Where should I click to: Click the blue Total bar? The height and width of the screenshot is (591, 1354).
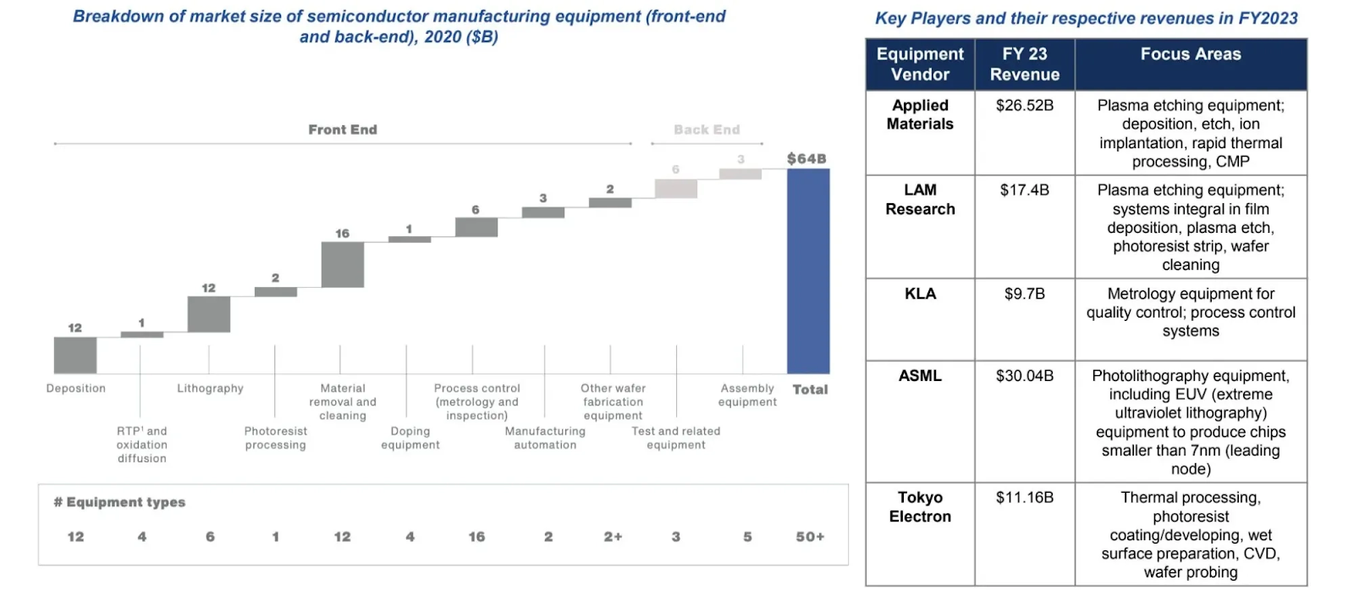tap(808, 271)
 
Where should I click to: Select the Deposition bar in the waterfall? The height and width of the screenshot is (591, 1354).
tap(75, 355)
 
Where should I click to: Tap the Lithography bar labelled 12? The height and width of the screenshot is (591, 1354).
tap(208, 314)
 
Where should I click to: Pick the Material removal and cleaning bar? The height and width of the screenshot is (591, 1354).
tap(343, 265)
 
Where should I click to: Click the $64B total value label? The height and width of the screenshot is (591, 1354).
tap(806, 159)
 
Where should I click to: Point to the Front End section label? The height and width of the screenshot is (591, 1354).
tap(343, 130)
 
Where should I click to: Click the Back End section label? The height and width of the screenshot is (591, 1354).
tap(707, 130)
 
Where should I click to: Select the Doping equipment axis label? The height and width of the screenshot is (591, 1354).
tap(410, 438)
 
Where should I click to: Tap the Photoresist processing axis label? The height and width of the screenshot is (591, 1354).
tap(276, 438)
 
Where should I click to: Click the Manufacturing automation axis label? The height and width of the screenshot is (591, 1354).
tap(545, 438)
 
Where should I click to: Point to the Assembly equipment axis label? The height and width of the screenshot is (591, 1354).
tap(747, 395)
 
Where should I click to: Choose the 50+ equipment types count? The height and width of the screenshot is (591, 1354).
tap(810, 537)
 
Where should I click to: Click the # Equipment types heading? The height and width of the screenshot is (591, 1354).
tap(119, 502)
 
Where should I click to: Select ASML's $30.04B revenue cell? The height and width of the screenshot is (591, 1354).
tap(1025, 376)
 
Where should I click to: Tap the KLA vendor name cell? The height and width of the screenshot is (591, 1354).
tap(920, 294)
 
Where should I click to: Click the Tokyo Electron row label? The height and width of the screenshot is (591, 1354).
tap(920, 507)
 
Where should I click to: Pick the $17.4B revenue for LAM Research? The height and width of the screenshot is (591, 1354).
tap(1025, 191)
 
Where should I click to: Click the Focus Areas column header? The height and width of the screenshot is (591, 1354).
tap(1191, 55)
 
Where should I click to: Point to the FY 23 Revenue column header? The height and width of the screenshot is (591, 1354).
tap(1025, 64)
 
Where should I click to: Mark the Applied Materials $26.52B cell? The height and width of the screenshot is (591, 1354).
tap(1025, 106)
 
